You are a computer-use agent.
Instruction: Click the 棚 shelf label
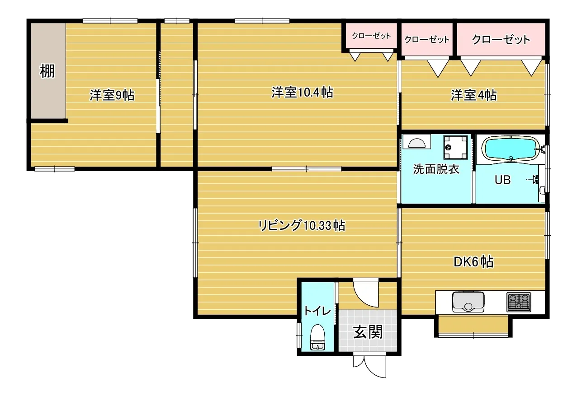pyautogui.click(x=47, y=71)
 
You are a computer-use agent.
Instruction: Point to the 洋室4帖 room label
pyautogui.click(x=473, y=95)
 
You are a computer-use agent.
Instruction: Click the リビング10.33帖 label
pyautogui.click(x=302, y=225)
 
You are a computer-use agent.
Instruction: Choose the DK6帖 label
pyautogui.click(x=473, y=261)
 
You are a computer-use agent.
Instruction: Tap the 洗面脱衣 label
pyautogui.click(x=436, y=170)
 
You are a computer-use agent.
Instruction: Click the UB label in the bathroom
pyautogui.click(x=502, y=180)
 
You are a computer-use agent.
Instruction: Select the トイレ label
pyautogui.click(x=317, y=311)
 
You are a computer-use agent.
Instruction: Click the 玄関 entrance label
pyautogui.click(x=368, y=332)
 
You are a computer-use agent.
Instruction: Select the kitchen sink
pyautogui.click(x=468, y=302)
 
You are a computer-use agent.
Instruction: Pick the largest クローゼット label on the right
pyautogui.click(x=501, y=39)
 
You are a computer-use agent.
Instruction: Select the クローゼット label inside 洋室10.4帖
pyautogui.click(x=371, y=36)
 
